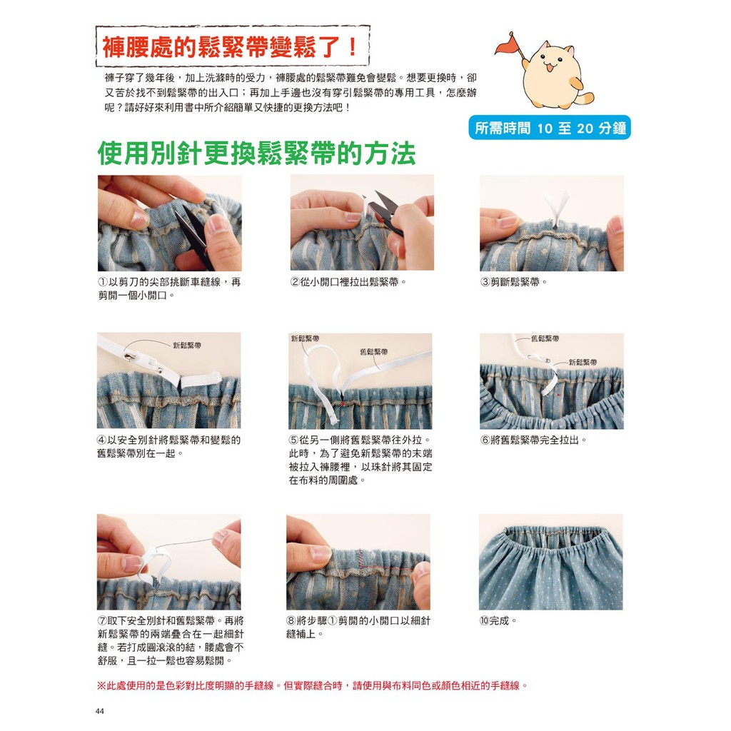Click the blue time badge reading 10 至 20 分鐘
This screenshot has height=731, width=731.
(550, 128)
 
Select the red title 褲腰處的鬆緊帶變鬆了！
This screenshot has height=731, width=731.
(231, 47)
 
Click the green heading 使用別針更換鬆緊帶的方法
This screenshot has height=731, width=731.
(256, 153)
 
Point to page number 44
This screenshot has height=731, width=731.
(99, 711)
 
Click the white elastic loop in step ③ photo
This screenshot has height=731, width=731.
(557, 208)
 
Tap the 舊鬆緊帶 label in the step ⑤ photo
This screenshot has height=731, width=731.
(373, 351)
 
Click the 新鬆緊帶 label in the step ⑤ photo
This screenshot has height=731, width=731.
(305, 338)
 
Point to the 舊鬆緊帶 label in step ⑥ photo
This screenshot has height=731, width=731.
(545, 338)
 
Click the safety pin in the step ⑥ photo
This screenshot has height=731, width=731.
(539, 358)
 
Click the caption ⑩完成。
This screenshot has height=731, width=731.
(498, 621)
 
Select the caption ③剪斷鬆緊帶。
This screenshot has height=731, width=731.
(513, 282)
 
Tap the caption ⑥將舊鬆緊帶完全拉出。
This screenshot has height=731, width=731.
(533, 440)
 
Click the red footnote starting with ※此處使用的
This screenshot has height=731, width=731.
(313, 685)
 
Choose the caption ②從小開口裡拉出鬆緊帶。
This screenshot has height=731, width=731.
(348, 282)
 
